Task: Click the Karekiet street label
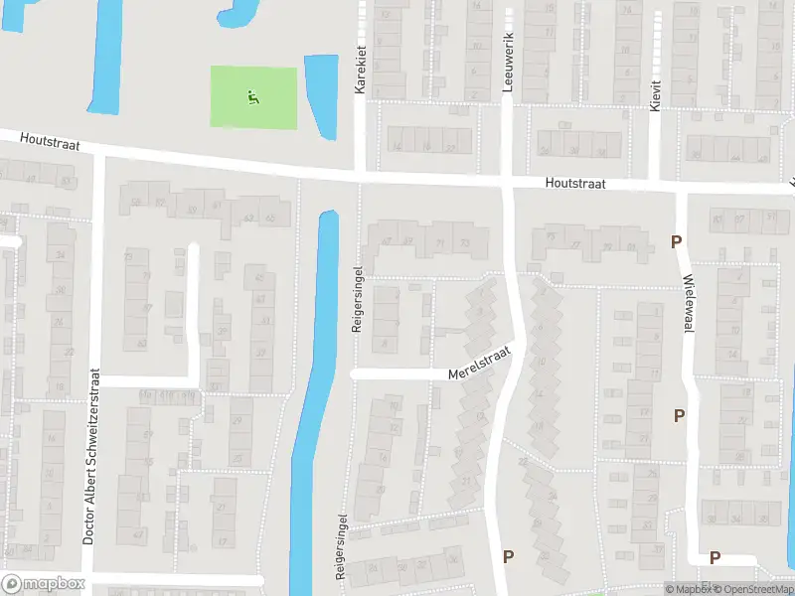(361, 70)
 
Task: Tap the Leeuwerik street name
(507, 70)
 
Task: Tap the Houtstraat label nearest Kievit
(574, 185)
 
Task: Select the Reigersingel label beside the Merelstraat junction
(356, 298)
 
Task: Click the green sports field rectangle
(253, 97)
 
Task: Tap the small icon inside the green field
(252, 97)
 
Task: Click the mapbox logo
(41, 584)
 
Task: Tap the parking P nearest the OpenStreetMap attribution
(715, 557)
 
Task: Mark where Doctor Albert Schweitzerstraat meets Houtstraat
(99, 153)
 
